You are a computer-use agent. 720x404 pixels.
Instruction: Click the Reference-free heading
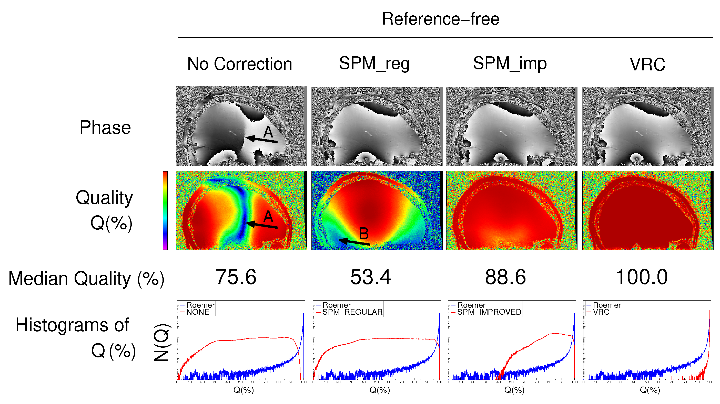coord(441,19)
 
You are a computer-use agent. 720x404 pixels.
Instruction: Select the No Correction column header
coord(240,64)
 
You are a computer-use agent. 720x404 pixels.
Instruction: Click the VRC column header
coord(647,65)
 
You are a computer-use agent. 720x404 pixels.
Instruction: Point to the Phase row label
coord(105,127)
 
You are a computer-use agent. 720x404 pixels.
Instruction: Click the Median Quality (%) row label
coord(86,278)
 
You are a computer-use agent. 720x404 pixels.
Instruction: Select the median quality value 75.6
coord(236,277)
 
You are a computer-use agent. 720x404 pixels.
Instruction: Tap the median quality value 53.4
coord(371,277)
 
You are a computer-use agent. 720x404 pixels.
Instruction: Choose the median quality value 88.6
coord(505,277)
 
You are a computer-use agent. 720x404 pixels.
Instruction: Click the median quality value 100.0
coord(642,277)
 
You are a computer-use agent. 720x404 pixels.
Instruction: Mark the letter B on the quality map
coord(364,233)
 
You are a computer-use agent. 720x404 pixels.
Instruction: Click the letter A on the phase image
coord(268,132)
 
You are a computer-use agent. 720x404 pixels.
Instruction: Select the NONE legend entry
coord(198,312)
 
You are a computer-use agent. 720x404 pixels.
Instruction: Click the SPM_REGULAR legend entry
coord(352,312)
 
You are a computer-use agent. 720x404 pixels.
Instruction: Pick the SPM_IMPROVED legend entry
coord(489,312)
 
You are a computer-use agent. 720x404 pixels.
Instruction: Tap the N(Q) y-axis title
coord(161,343)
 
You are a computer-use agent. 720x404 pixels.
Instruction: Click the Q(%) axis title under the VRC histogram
coord(650,390)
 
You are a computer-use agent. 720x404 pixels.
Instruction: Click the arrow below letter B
coord(354,242)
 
